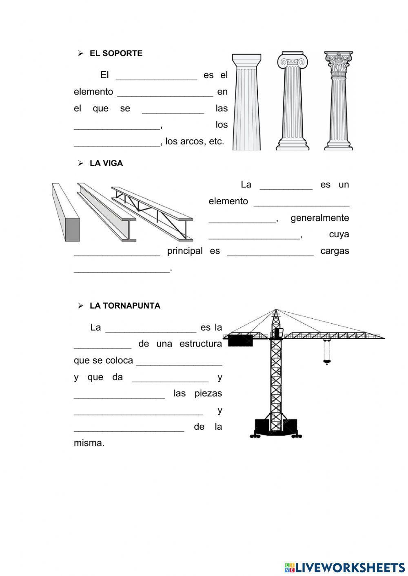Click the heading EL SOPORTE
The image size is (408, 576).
click(x=116, y=53)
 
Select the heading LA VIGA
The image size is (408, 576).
click(x=106, y=163)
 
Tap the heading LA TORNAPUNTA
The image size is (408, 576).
click(x=125, y=306)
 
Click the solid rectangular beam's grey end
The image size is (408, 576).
click(x=73, y=230)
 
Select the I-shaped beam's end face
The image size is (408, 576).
click(x=129, y=230)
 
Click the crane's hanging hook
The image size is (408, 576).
click(x=326, y=361)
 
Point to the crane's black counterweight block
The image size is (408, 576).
click(x=240, y=341)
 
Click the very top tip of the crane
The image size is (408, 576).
click(x=276, y=310)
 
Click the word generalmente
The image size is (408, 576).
click(x=319, y=218)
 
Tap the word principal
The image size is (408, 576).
click(x=185, y=251)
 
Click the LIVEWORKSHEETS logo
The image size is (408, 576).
click(x=345, y=567)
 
